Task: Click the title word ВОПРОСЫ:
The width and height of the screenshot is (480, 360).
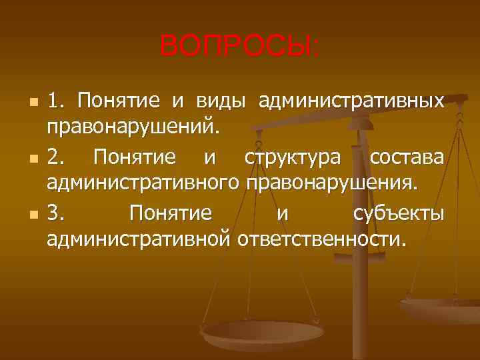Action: pyautogui.click(x=240, y=47)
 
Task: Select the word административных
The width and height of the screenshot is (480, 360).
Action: pyautogui.click(x=351, y=101)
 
